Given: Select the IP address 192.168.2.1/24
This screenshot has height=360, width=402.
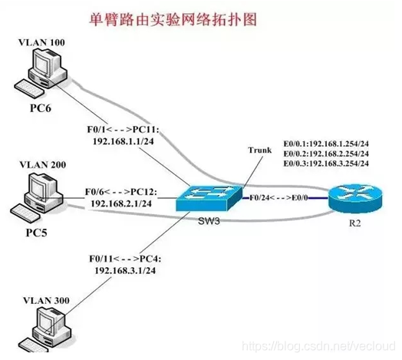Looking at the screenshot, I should point(123,205).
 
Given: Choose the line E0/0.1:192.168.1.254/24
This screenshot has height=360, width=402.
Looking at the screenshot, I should point(327,141).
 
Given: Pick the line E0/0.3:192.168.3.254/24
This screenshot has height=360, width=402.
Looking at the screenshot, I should point(327,164).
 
